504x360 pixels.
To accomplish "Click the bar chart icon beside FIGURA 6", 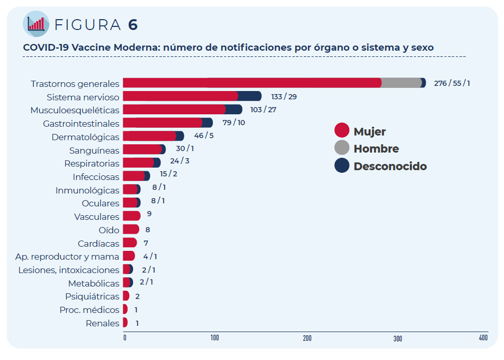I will [36, 24].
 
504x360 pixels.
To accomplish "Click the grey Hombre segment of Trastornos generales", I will [402, 83].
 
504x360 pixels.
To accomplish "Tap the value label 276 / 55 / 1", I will [452, 83].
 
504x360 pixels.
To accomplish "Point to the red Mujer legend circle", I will [342, 131].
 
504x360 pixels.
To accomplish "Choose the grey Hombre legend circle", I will [342, 148].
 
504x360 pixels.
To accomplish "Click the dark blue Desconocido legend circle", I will [342, 166].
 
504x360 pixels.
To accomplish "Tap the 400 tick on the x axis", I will [483, 338].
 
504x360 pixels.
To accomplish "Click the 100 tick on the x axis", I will [214, 338].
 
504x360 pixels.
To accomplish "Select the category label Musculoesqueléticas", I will [75, 110].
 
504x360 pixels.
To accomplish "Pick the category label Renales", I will [102, 323].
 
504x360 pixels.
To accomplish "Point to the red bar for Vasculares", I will [131, 216].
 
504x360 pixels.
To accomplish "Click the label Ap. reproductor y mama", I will [67, 257].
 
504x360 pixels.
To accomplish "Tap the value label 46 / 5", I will [203, 136].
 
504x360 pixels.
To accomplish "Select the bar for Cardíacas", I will [129, 243].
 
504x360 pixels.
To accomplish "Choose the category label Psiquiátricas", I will [92, 296].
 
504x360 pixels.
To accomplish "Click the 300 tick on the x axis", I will [397, 338].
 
